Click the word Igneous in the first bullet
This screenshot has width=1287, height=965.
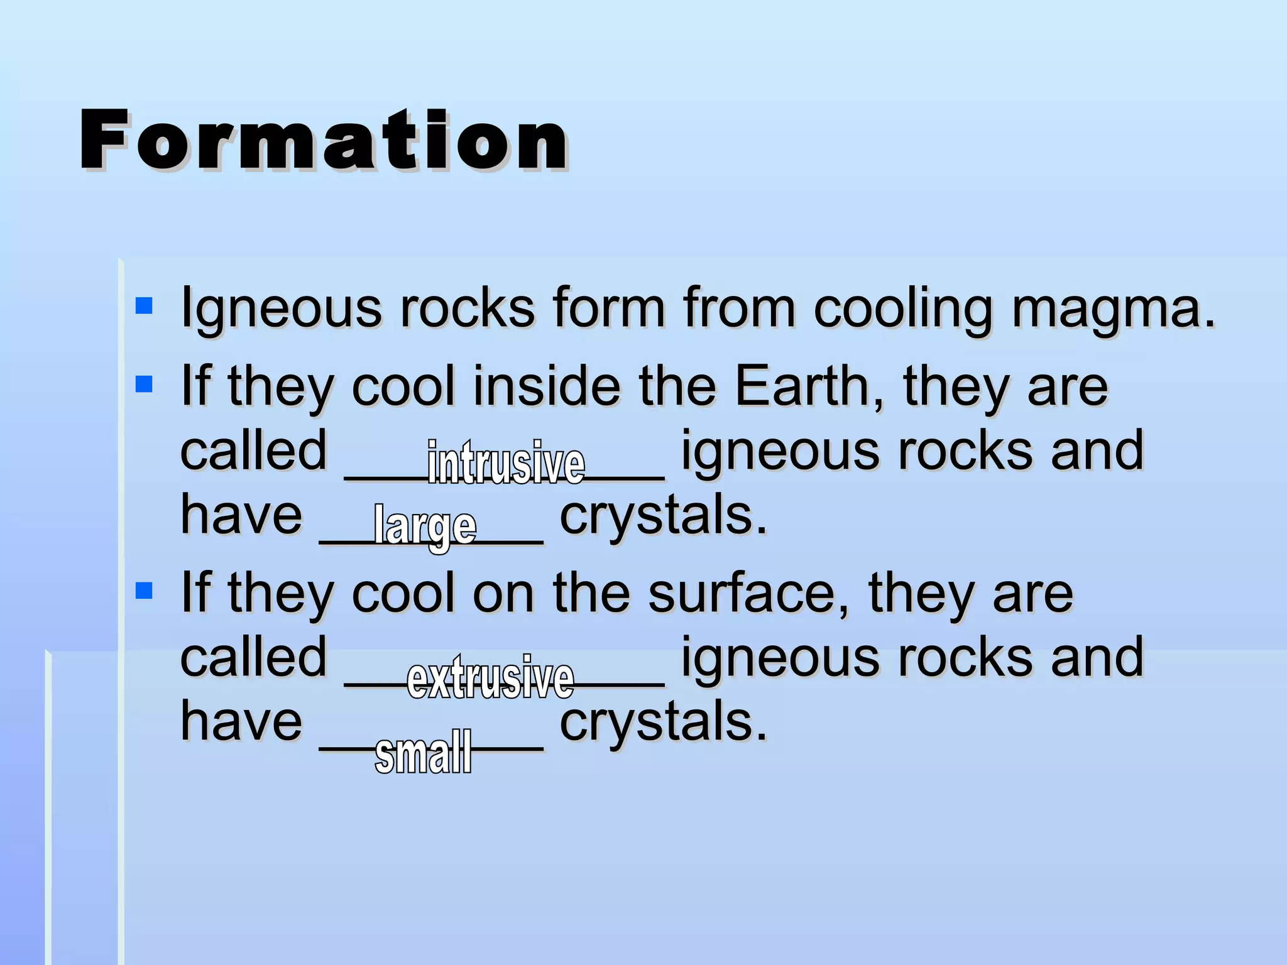pos(281,309)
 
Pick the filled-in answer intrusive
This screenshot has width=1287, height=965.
pos(506,463)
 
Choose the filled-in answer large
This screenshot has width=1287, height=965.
pos(425,526)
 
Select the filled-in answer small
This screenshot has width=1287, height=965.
pos(423,752)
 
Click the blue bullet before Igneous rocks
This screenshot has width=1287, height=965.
pos(144,306)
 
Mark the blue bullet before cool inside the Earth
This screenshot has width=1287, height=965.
pos(144,384)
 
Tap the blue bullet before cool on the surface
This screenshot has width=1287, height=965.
pos(144,591)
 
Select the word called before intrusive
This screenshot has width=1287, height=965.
pos(253,450)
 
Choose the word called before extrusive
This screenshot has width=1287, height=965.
pos(253,657)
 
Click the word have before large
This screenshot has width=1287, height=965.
pos(241,515)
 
